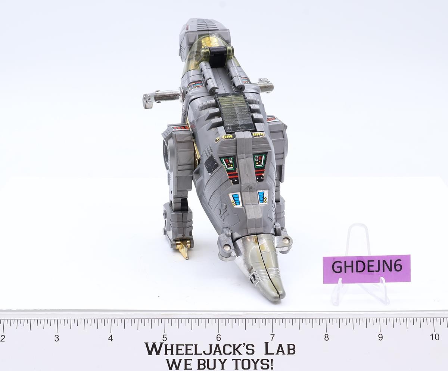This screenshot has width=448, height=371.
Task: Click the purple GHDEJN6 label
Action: tap(367, 269)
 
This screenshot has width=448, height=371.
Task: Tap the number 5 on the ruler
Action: tap(165, 338)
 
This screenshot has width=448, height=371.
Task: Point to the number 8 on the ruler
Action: tap(326, 338)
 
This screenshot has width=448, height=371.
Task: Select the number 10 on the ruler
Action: tap(434, 337)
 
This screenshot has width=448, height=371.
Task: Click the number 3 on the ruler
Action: tap(57, 338)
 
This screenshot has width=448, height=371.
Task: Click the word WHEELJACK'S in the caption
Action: tap(199, 349)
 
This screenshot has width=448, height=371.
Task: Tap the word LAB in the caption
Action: tap(280, 349)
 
